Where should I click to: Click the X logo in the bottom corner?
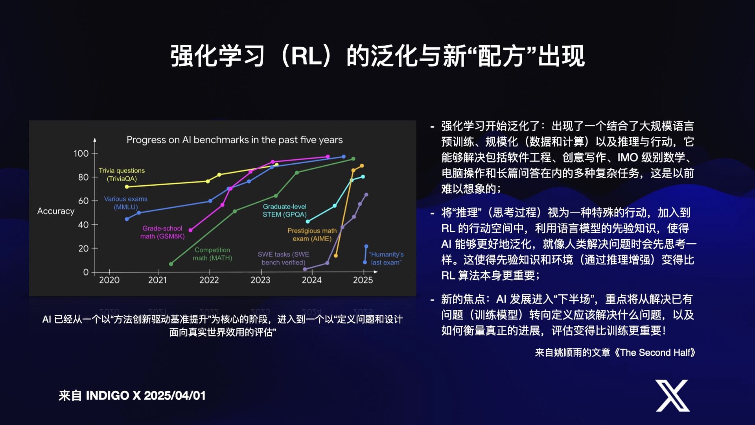[x=672, y=395]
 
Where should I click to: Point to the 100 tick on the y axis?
[x=81, y=153]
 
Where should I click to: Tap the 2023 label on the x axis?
[x=260, y=280]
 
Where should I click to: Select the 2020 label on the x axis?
[x=109, y=280]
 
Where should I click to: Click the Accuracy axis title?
[x=56, y=211]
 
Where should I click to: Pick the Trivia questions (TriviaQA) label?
[x=122, y=175]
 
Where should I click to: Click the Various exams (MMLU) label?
[x=126, y=203]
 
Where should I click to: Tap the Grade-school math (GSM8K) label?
[x=162, y=232]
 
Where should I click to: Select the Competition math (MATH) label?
[x=212, y=254]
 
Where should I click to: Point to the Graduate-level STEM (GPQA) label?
[x=285, y=211]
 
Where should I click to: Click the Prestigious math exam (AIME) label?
[x=312, y=235]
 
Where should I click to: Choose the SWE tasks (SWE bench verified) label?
[x=284, y=259]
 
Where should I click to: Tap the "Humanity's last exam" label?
[x=386, y=259]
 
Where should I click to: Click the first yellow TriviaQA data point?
[x=127, y=187]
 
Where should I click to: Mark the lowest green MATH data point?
[x=171, y=264]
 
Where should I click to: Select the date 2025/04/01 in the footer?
[x=175, y=395]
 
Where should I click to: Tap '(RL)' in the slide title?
[x=306, y=56]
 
